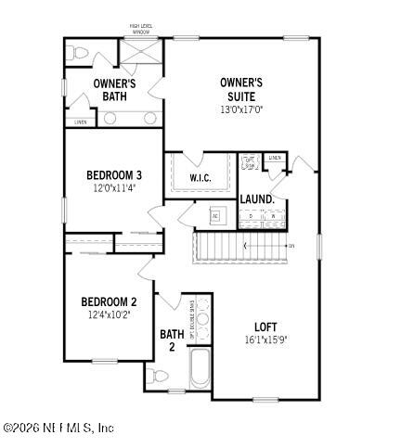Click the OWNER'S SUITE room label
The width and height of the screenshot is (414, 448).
point(240,89)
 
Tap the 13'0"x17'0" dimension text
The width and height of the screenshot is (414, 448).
point(240,109)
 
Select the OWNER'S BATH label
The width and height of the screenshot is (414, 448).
point(115,90)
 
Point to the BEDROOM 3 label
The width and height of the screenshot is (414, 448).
point(113,175)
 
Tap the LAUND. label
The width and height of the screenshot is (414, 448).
point(256,199)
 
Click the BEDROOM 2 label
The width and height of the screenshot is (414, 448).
point(109,301)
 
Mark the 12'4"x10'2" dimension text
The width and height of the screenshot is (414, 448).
point(109,314)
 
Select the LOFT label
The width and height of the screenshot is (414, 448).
point(266,326)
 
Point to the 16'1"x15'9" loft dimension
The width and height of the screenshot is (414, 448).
point(266,339)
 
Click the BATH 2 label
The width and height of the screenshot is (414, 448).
point(172,340)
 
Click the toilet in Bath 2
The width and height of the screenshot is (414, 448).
point(157,377)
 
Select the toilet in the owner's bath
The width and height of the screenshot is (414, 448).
point(77,52)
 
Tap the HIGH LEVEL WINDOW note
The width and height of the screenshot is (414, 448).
point(140,29)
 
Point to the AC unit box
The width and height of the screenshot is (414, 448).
point(214,215)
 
